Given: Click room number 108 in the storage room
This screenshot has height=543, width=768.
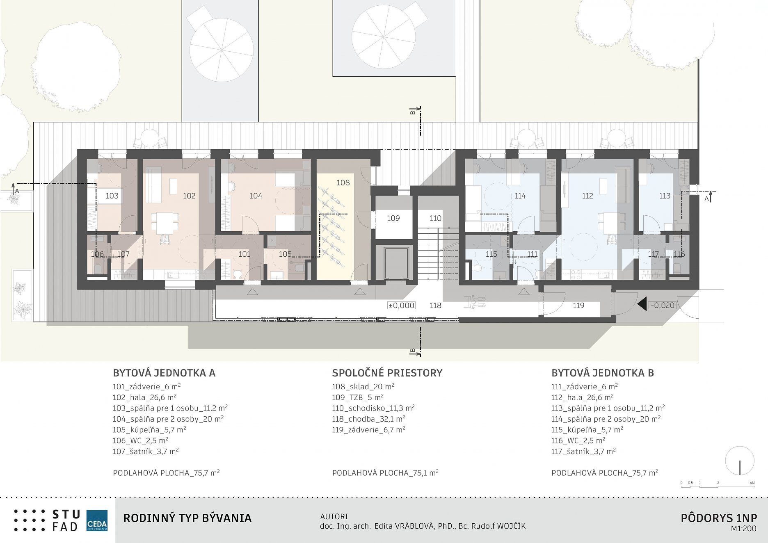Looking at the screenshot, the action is point(343,183).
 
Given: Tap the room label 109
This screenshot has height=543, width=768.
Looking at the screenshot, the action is point(393,218).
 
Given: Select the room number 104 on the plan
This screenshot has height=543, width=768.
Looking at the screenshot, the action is point(256,196).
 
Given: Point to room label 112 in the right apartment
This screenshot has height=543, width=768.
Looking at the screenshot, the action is point(587,196).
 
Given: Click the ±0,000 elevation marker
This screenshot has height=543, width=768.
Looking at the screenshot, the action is point(402,306).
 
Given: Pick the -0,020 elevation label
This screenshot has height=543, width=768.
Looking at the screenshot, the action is point(662,305).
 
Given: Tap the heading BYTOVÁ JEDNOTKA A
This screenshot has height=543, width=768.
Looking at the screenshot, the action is point(164,373).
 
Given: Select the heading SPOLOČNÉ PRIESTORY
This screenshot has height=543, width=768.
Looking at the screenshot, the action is point(387,373).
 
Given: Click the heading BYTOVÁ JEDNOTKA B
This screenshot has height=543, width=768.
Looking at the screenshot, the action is point(603,373).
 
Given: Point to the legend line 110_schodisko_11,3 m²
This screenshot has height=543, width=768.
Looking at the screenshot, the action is point(373,408).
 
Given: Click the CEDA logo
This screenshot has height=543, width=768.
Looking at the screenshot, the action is point(97,520).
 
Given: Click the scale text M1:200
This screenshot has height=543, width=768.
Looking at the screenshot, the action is point(744,529).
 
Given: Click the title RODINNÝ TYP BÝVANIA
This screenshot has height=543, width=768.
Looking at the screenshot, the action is point(187,518).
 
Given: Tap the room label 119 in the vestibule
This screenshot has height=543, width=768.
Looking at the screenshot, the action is point(578,306).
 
